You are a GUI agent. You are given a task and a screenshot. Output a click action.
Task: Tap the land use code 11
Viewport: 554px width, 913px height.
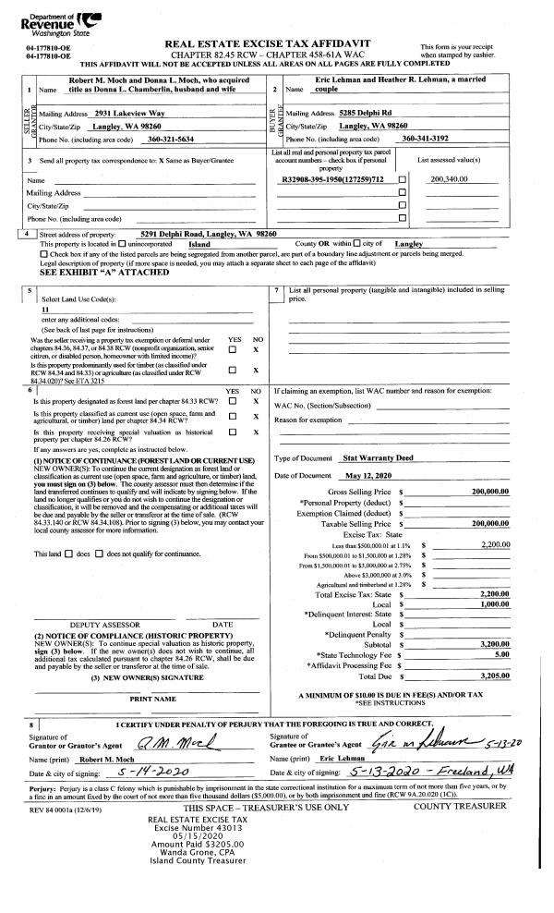(x=45, y=310)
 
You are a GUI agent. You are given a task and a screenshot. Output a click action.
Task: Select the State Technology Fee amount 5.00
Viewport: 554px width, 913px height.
(x=500, y=653)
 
